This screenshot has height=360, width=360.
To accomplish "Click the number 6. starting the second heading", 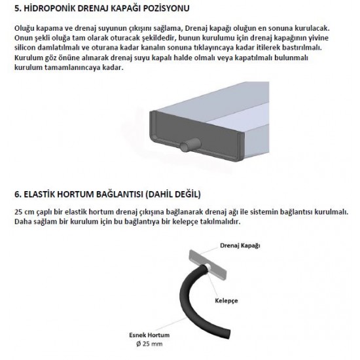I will pyautogui.click(x=18, y=195).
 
